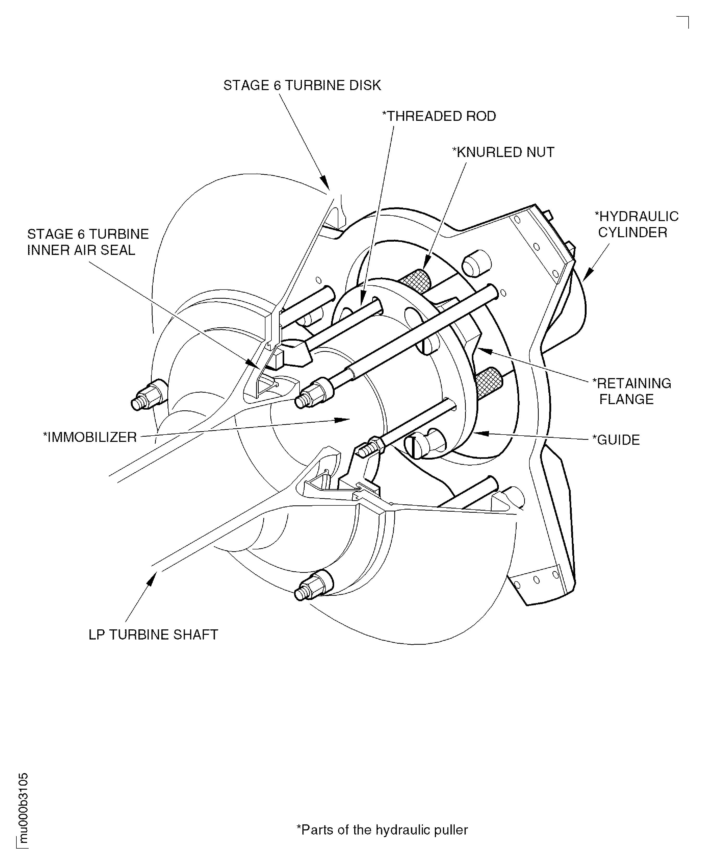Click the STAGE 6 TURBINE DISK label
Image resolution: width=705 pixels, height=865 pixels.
point(302,85)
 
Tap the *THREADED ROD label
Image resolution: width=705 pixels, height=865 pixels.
point(439,116)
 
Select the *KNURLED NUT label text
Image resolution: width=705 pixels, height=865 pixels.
point(503,152)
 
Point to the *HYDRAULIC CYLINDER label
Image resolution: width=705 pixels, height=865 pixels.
point(636,224)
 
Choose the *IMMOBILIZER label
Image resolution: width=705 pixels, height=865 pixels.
point(90,437)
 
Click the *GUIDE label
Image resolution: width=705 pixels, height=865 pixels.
point(616,440)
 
